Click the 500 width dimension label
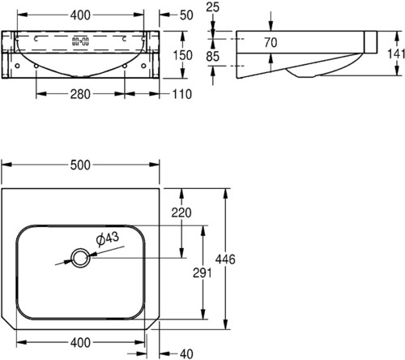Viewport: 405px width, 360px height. click(80, 165)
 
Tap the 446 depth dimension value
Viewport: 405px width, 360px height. click(225, 259)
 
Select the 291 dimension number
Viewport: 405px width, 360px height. click(202, 273)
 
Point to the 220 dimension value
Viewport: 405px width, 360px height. click(181, 212)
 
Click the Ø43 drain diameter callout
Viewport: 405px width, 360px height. click(108, 239)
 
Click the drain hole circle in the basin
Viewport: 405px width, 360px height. click(80, 258)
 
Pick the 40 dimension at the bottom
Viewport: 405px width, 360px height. click(186, 354)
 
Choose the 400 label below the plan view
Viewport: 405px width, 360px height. click(80, 343)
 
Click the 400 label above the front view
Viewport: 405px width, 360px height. click(80, 15)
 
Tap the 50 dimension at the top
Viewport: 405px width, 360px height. click(186, 15)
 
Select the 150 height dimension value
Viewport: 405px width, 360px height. click(183, 55)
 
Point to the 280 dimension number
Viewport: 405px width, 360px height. click(80, 94)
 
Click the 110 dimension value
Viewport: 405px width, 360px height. click(181, 94)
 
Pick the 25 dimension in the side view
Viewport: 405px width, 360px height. click(212, 7)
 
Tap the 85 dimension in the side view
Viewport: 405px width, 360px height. click(212, 56)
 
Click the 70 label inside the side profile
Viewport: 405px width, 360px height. click(271, 42)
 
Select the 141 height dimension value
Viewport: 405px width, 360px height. click(396, 54)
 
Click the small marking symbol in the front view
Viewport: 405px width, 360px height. click(80, 41)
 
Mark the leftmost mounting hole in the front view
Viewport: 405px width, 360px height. click(17, 66)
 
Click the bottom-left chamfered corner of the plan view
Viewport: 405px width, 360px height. click(8, 324)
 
